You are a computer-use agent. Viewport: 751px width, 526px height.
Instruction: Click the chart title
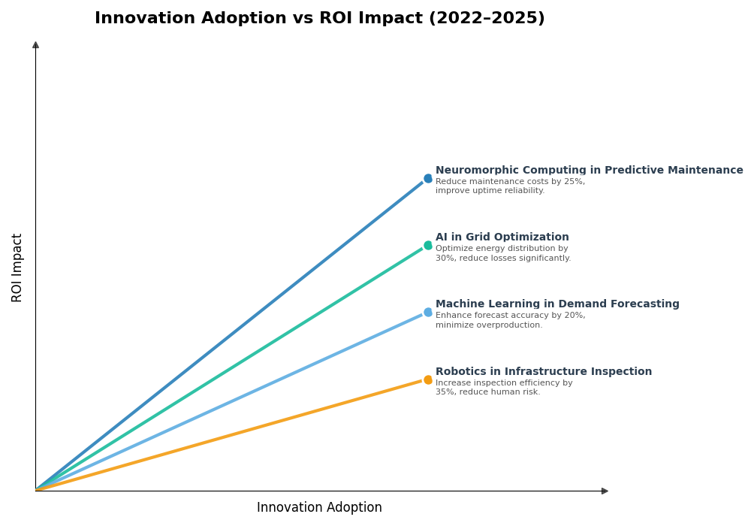click(320, 19)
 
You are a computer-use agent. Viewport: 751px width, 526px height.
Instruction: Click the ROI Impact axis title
click(17, 268)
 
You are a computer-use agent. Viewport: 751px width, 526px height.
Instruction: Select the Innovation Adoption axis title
click(319, 508)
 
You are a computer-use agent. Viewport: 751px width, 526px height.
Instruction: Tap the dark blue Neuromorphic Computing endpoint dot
click(428, 179)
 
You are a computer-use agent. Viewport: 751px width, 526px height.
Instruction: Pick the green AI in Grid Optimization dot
click(428, 246)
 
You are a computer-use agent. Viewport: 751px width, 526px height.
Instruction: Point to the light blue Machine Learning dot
click(428, 313)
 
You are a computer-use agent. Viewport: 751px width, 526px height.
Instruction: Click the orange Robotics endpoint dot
click(428, 380)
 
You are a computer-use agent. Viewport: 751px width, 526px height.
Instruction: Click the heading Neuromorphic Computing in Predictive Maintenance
click(589, 171)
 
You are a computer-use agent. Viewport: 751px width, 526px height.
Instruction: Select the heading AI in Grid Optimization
click(502, 237)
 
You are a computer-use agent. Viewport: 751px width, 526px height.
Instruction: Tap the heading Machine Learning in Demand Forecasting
click(557, 304)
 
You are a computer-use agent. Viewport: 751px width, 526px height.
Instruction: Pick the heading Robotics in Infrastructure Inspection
click(544, 372)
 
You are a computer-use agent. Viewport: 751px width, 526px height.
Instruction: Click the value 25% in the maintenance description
click(575, 182)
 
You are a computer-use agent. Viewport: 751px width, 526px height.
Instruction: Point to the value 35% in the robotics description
click(445, 392)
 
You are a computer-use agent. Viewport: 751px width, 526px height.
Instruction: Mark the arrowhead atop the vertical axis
click(35, 45)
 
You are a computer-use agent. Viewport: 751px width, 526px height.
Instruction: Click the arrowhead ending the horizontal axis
click(605, 491)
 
